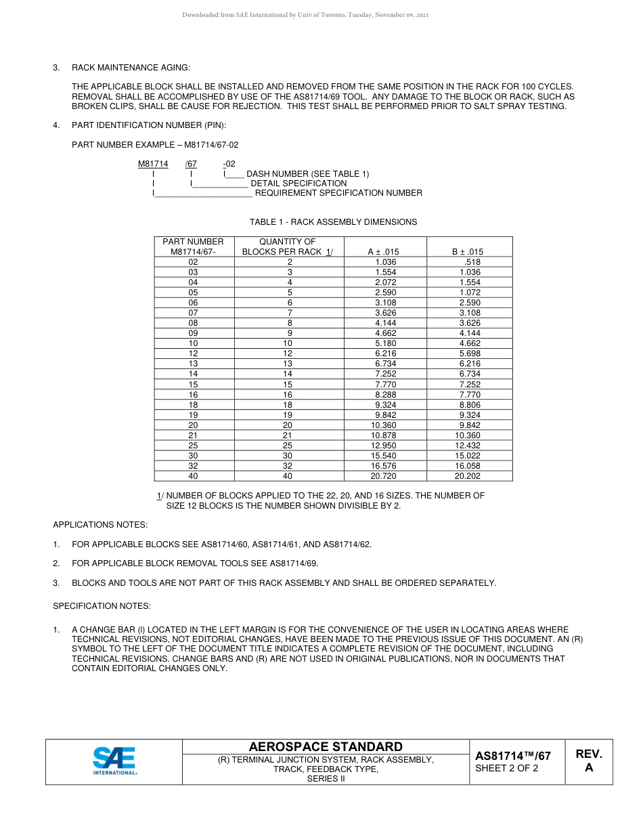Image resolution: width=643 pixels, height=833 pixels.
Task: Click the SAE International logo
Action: (x=114, y=762)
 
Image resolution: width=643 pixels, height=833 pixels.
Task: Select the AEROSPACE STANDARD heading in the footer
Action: (x=326, y=747)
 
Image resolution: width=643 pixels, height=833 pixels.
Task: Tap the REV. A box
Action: (x=588, y=761)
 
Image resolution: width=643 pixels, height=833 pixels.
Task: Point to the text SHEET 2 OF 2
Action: (x=507, y=768)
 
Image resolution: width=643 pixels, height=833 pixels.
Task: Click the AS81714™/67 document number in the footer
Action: (x=512, y=756)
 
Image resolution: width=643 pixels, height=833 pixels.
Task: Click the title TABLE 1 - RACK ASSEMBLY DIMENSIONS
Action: (x=333, y=222)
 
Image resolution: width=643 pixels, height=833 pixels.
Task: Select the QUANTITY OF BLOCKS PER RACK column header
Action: (x=288, y=247)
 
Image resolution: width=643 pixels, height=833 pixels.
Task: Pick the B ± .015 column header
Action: (x=467, y=252)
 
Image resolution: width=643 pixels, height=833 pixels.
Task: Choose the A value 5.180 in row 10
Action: (x=386, y=343)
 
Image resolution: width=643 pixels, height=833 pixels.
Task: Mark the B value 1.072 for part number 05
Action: (x=469, y=293)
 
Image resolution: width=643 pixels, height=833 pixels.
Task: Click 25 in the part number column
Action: (x=194, y=446)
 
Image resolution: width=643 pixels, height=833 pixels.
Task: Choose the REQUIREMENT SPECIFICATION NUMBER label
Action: (x=338, y=193)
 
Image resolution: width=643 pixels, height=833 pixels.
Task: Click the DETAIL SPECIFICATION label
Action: (x=298, y=184)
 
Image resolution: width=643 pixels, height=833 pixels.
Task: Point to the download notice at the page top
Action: (x=305, y=15)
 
